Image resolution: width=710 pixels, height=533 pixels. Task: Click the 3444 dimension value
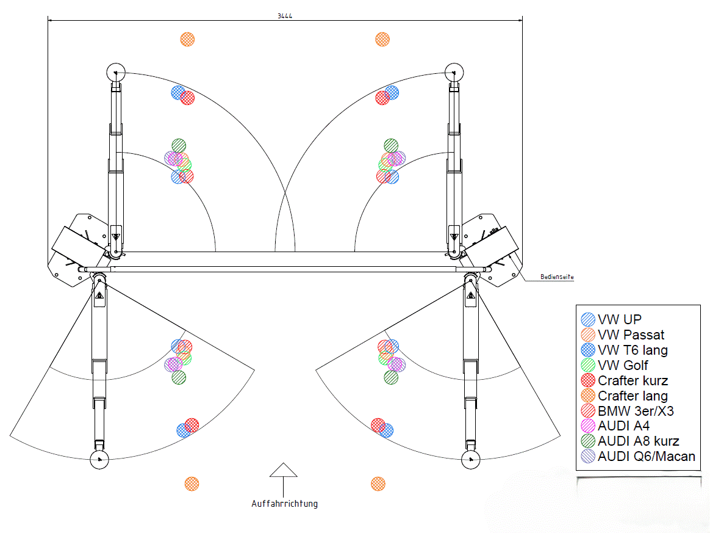pyautogui.click(x=284, y=16)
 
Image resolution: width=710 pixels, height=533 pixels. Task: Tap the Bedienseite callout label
pyautogui.click(x=557, y=277)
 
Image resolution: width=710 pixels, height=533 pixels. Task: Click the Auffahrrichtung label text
pyautogui.click(x=284, y=504)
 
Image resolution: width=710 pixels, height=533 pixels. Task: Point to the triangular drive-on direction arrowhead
pyautogui.click(x=283, y=470)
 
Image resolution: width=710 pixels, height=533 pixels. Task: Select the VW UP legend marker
pyautogui.click(x=588, y=319)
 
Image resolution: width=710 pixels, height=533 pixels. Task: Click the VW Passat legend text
pyautogui.click(x=631, y=335)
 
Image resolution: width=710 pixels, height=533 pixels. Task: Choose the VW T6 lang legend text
pyautogui.click(x=633, y=350)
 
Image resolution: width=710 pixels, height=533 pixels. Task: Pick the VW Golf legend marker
pyautogui.click(x=588, y=365)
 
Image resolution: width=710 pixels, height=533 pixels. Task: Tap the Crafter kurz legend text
pyautogui.click(x=633, y=380)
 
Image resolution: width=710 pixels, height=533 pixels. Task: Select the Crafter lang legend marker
pyautogui.click(x=588, y=396)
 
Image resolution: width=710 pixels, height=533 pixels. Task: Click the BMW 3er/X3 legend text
pyautogui.click(x=636, y=411)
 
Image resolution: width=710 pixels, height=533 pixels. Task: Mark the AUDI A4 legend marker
pyautogui.click(x=588, y=426)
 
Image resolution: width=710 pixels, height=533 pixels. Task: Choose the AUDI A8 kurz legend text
pyautogui.click(x=638, y=441)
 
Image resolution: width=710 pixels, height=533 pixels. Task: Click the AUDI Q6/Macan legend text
pyautogui.click(x=646, y=456)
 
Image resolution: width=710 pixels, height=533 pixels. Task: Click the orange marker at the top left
pyautogui.click(x=187, y=39)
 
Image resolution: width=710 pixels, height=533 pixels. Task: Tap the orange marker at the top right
pyautogui.click(x=382, y=39)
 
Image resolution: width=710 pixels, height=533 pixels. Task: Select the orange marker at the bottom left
pyautogui.click(x=192, y=484)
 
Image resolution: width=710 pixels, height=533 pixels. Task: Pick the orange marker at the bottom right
pyautogui.click(x=378, y=484)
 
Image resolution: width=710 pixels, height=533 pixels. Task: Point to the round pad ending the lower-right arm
pyautogui.click(x=470, y=460)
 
